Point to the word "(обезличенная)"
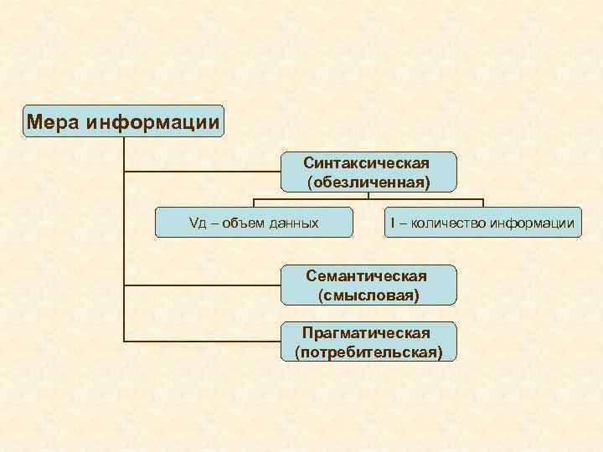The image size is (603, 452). click(368, 181)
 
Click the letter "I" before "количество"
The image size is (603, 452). click(393, 223)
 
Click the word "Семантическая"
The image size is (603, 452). click(368, 276)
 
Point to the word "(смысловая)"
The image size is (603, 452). click(368, 295)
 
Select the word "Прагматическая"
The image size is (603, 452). click(368, 333)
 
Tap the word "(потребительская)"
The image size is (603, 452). click(368, 352)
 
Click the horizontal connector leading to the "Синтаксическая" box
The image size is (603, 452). click(201, 172)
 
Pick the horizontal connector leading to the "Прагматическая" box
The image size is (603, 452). click(201, 342)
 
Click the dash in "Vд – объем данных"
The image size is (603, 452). click(214, 223)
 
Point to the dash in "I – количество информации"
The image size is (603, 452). click(404, 223)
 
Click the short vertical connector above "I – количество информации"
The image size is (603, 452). click(483, 203)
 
